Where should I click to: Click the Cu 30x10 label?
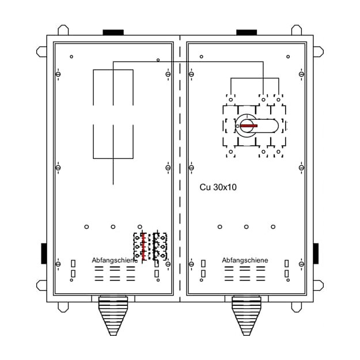[218, 187]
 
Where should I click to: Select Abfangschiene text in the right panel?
[245, 260]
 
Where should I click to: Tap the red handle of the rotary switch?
[249, 126]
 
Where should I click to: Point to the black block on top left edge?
[113, 32]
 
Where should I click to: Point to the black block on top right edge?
[247, 32]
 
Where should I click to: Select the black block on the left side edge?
[44, 253]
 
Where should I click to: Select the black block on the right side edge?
[316, 253]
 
